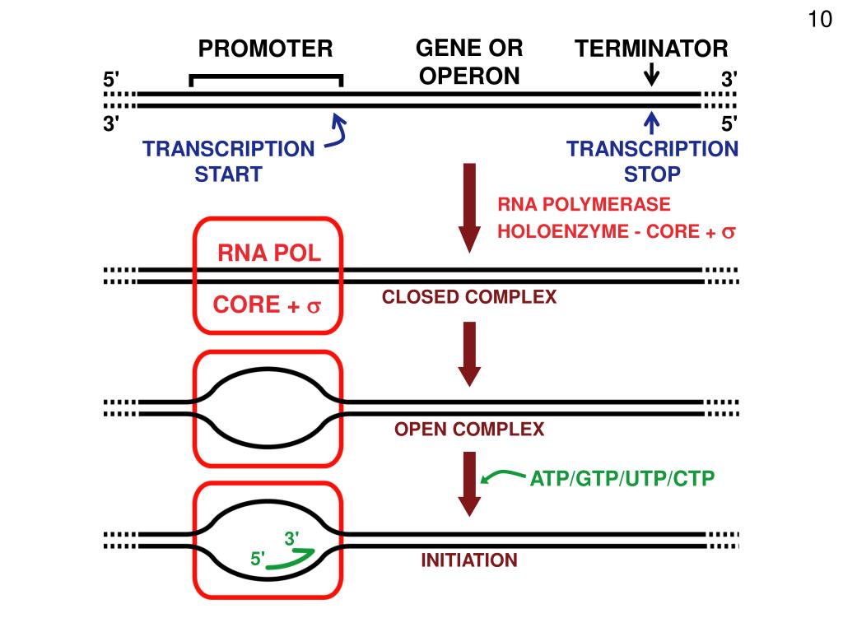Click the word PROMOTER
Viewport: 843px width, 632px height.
coord(266,49)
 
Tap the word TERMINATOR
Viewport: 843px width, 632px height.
coord(651,49)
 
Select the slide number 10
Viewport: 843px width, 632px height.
coord(820,20)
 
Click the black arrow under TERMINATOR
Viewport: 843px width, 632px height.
coord(652,75)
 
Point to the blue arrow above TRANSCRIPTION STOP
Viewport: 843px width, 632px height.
coord(652,123)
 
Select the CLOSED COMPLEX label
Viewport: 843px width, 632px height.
coord(469,296)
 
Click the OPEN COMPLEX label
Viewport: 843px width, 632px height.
coord(469,429)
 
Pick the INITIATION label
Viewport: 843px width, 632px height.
coord(469,560)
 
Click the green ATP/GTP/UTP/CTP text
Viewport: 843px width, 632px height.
coord(622,478)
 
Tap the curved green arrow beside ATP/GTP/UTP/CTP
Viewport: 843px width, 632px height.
coord(503,475)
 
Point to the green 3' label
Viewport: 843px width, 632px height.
coord(292,538)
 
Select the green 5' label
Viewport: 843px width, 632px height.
coord(258,559)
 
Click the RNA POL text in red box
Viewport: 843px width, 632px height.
coord(269,253)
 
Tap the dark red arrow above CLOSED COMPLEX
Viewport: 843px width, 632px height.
coord(469,208)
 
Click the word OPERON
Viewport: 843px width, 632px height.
coord(469,77)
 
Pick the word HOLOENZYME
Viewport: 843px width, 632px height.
coord(563,231)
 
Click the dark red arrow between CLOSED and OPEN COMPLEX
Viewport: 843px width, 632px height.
coord(469,354)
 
